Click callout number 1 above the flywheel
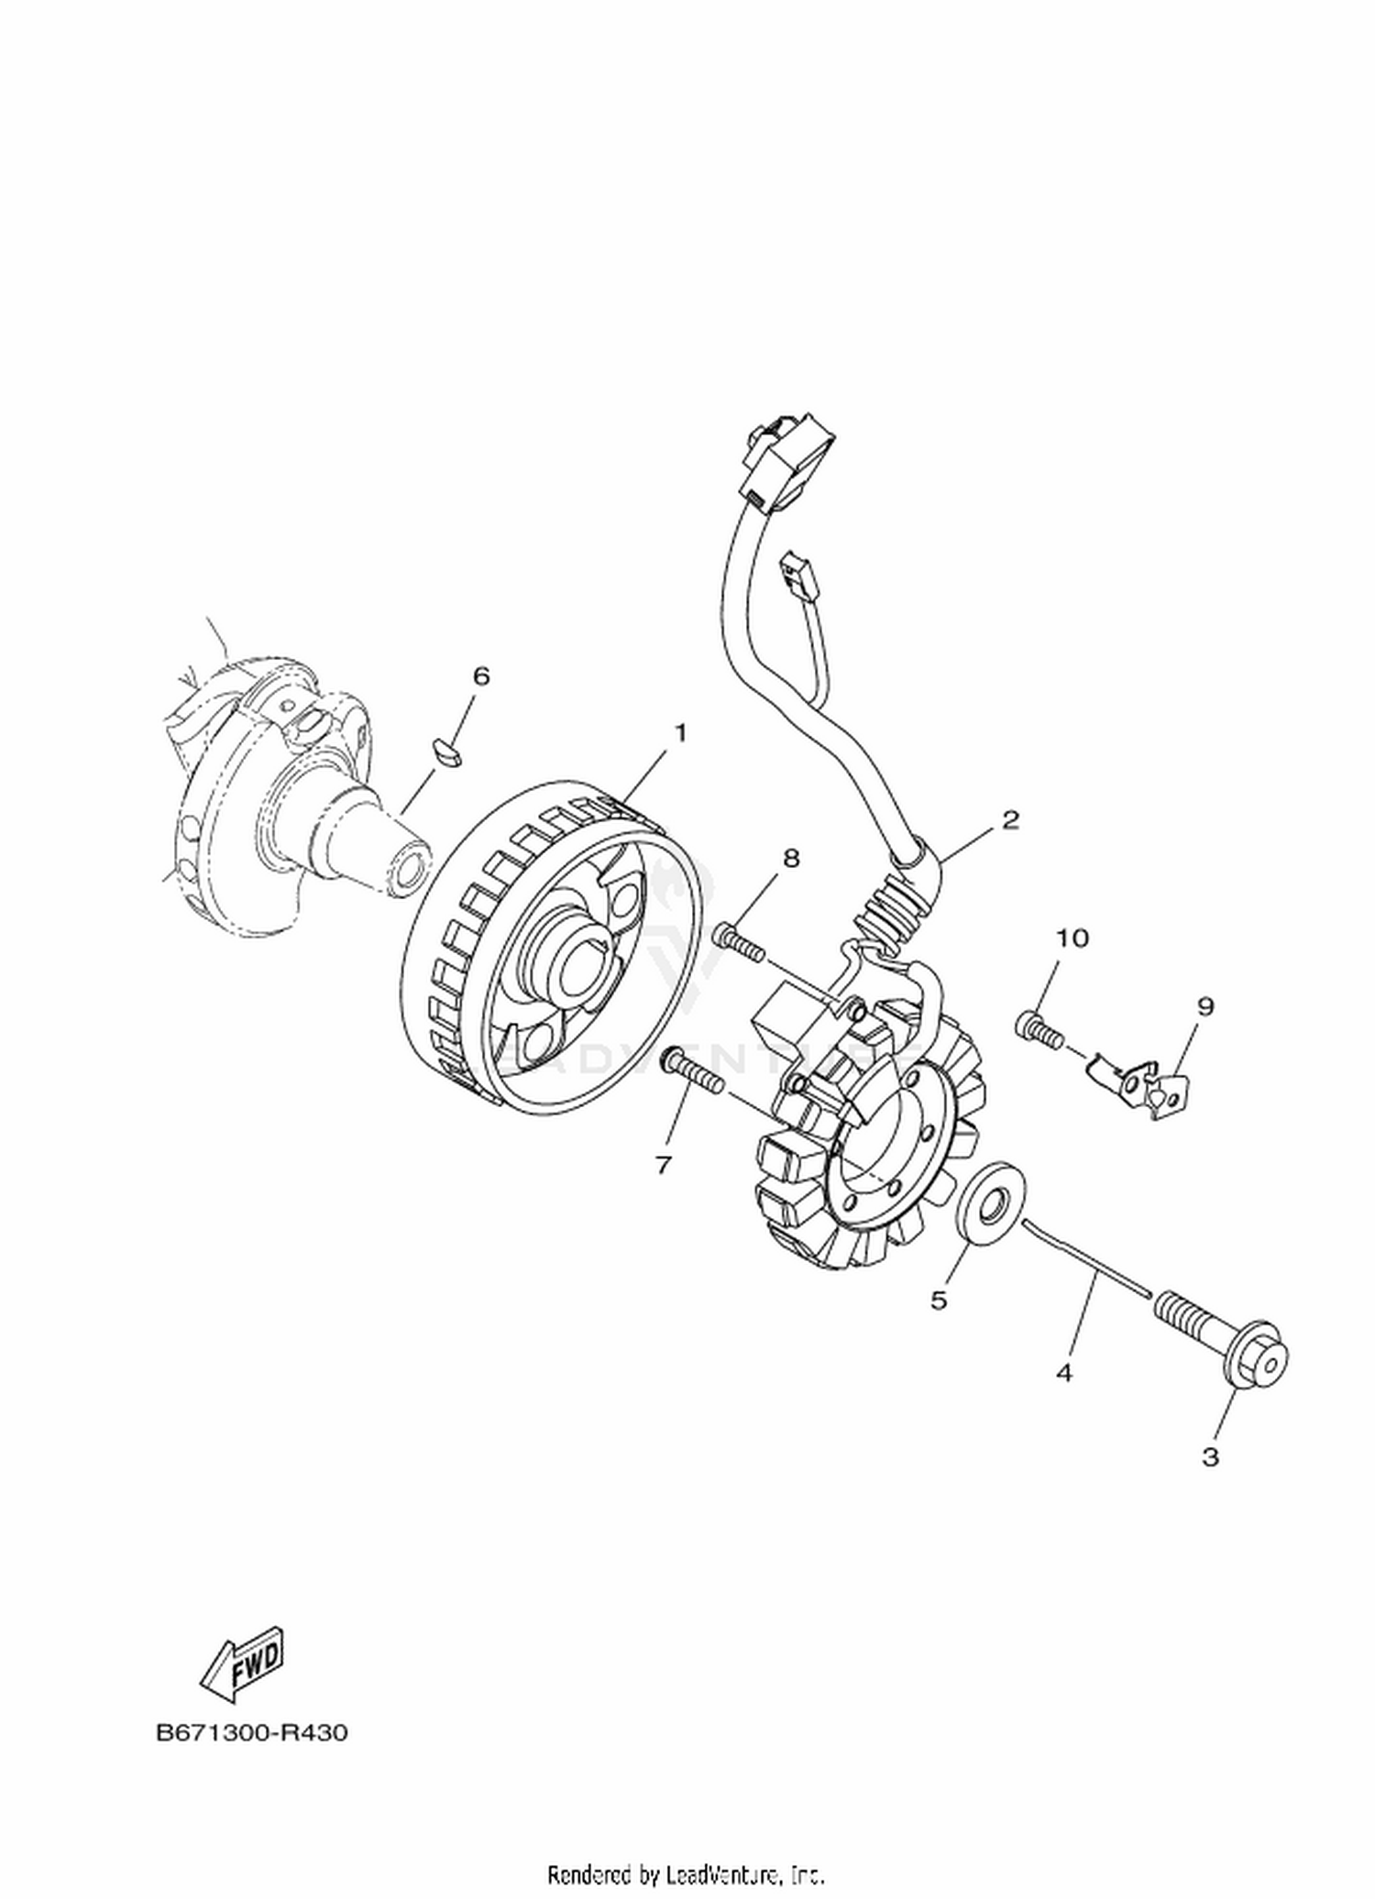(x=680, y=732)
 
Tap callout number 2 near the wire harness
(x=1010, y=819)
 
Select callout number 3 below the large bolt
(x=1210, y=1456)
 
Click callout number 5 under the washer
(x=938, y=1300)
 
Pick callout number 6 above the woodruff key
(x=480, y=676)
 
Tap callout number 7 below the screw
(x=663, y=1164)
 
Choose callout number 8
(x=790, y=858)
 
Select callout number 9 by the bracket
(x=1205, y=1006)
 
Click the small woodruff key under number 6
(x=449, y=751)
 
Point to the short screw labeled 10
(x=1039, y=1029)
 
